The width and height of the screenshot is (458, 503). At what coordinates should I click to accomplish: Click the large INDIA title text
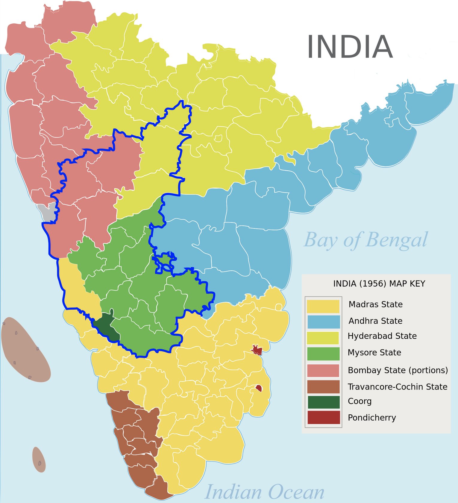coord(349,47)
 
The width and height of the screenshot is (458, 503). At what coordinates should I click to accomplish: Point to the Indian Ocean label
coord(264,492)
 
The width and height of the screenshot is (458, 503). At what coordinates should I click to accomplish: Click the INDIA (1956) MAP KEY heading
coord(379,284)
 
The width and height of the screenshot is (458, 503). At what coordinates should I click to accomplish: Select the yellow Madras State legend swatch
coord(323,306)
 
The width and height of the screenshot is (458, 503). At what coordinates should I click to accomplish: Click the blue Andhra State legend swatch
coord(323,322)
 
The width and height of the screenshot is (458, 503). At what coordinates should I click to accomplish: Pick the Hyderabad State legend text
coord(382,336)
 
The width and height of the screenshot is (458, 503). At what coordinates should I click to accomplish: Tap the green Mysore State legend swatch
coord(323,354)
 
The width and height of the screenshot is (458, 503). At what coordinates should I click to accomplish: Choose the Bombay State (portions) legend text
coord(398,370)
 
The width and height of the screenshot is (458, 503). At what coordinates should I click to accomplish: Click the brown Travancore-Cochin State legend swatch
coord(323,387)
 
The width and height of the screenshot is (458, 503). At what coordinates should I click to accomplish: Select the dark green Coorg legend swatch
coord(323,402)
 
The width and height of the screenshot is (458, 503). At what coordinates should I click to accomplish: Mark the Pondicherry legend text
coord(372,417)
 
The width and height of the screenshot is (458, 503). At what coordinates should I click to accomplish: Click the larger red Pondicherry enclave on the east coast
coord(257,350)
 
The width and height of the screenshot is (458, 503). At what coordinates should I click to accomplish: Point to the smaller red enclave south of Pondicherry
coord(259,388)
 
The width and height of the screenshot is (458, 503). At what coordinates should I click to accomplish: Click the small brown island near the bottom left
coord(39,460)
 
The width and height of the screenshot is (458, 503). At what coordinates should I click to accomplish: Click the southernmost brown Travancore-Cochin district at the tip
coord(159,488)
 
